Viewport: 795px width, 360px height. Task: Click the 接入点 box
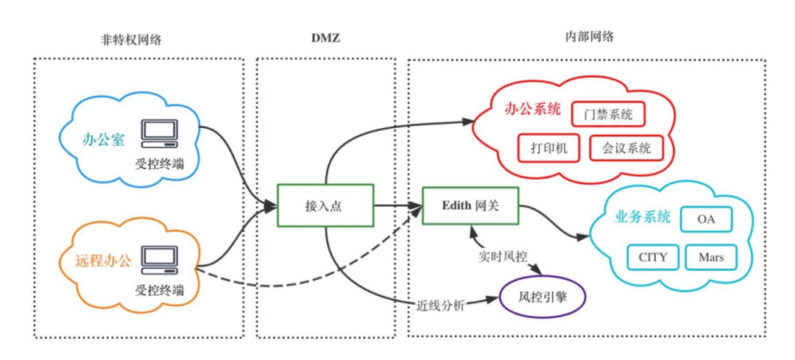coord(325,206)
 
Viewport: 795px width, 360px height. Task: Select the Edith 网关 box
coord(470,206)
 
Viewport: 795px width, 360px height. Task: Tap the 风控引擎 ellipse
coord(543,298)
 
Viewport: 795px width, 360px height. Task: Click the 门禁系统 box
coord(608,115)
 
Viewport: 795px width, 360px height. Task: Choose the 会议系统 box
coord(626,147)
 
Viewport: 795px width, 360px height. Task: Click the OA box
coord(705,219)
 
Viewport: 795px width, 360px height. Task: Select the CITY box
coord(652,257)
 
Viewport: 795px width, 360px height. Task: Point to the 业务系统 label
coord(642,217)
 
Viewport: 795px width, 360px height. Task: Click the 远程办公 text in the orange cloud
coord(103,260)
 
